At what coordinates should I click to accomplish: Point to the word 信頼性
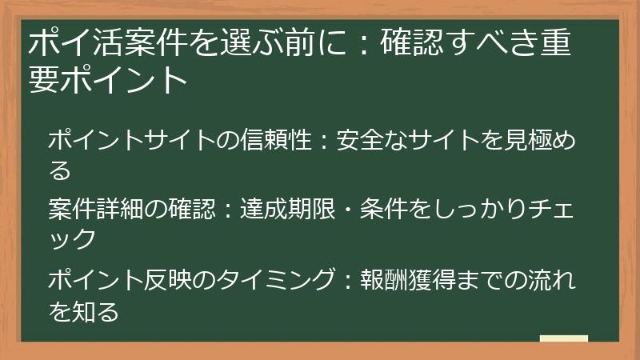(265, 142)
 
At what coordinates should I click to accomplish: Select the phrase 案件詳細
(96, 210)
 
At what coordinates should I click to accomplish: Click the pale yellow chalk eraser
(563, 339)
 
